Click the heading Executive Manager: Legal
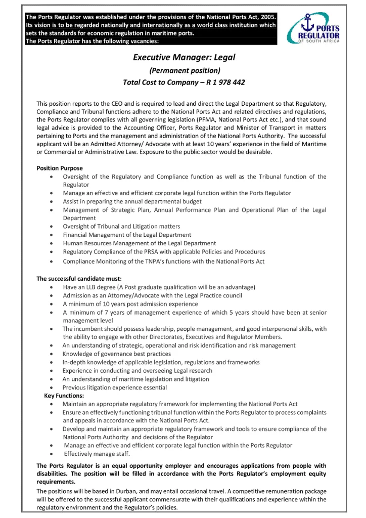point(184,58)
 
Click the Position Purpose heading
point(60,168)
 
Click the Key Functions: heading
point(64,396)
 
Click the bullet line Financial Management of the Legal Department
point(127,235)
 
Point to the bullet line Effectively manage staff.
point(97,454)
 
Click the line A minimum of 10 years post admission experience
point(130,304)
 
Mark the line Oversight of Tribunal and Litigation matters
point(121,226)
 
